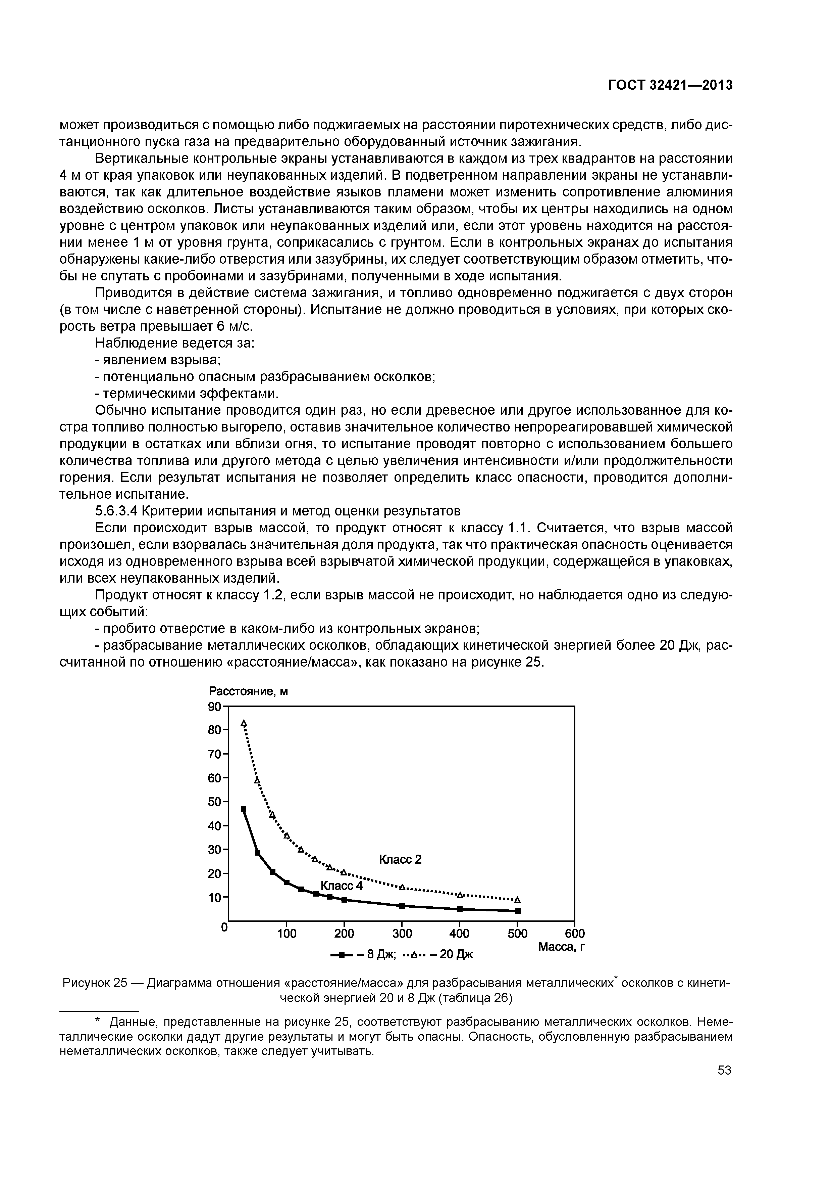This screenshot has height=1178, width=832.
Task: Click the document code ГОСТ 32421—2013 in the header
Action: (670, 85)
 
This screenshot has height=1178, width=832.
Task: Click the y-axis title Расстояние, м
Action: (248, 692)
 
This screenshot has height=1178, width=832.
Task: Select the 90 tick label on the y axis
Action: (214, 707)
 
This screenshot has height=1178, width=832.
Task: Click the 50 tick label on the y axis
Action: (214, 802)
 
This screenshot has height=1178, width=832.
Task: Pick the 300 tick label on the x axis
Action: (402, 933)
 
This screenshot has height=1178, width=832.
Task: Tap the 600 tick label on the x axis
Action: (574, 933)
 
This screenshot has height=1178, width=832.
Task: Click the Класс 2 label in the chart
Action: (400, 859)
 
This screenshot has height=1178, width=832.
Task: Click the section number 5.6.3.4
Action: (116, 511)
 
